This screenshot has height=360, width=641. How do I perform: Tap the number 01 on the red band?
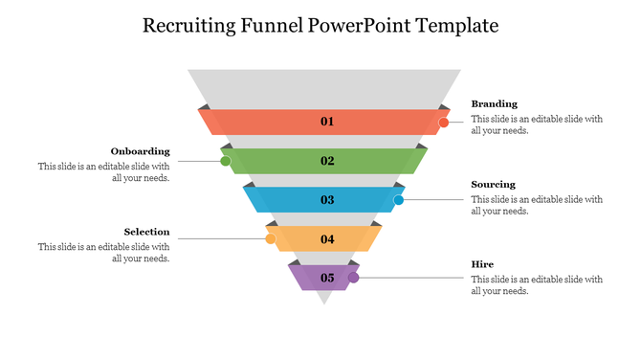(x=327, y=122)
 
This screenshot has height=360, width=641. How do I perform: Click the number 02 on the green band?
(x=327, y=161)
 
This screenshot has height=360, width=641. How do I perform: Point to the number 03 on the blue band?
(x=327, y=200)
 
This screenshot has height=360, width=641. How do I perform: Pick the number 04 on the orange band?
(x=327, y=239)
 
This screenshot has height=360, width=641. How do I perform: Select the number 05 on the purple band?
(x=327, y=279)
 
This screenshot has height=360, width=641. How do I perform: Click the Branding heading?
(x=494, y=103)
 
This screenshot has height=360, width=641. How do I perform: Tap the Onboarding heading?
(x=141, y=151)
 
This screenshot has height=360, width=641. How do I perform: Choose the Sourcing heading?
(x=493, y=184)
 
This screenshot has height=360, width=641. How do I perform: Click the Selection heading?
(x=147, y=232)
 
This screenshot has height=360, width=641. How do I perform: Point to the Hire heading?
(x=482, y=263)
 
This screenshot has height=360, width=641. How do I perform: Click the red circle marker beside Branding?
(x=444, y=123)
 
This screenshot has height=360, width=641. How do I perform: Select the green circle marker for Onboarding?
(x=226, y=161)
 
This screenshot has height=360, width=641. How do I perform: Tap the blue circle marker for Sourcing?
(x=399, y=200)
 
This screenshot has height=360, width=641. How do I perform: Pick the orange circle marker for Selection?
(x=271, y=238)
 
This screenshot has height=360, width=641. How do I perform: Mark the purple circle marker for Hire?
(x=353, y=278)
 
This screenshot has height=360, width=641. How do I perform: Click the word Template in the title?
(x=457, y=26)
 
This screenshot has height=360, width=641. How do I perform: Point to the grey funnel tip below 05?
(x=324, y=297)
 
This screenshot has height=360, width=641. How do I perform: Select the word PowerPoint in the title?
(x=361, y=26)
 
